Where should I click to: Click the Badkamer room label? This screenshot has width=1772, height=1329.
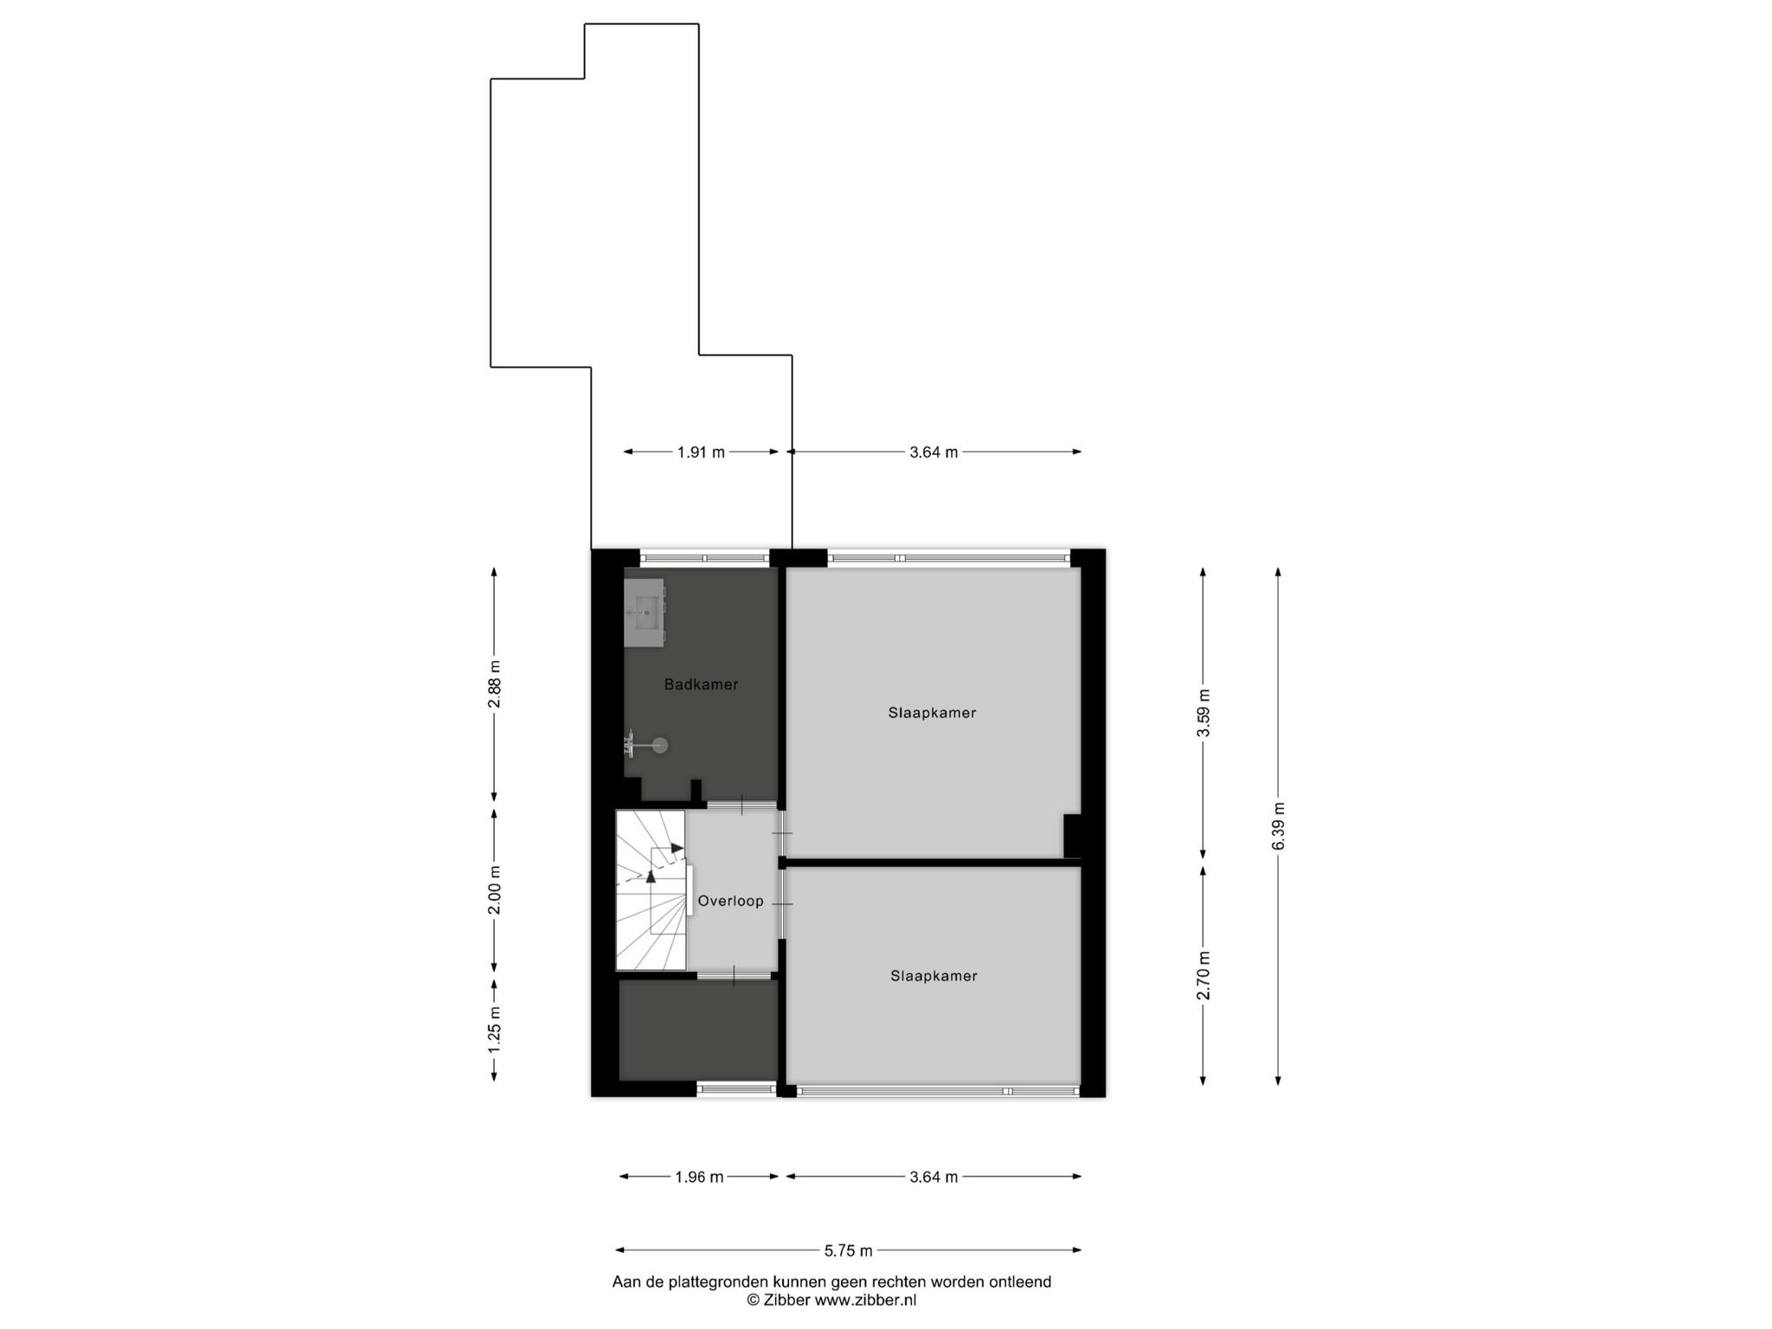point(701,684)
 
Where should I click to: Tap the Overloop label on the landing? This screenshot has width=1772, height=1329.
point(731,901)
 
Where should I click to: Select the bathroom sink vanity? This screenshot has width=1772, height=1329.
point(645,613)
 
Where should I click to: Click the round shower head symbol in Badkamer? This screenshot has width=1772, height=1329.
point(660,744)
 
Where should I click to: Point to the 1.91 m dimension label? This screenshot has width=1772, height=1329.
point(701,452)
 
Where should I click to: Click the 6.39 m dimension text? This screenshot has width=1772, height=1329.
point(1279,826)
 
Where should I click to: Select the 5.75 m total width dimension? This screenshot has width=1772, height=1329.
point(849,1249)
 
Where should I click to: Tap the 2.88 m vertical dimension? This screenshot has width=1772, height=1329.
point(494,684)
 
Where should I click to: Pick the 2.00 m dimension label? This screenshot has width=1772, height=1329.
point(494,890)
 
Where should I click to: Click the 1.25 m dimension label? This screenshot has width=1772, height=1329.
point(494,1029)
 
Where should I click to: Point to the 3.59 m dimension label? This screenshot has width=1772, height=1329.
point(1204,713)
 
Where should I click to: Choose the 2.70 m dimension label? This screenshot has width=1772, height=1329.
point(1204,975)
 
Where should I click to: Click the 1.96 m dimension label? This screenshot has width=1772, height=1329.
point(699,1177)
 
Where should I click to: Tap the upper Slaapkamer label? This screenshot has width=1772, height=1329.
point(932,713)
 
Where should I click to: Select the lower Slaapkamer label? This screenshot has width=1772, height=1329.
point(934,976)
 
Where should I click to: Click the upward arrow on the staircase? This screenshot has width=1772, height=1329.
point(652,876)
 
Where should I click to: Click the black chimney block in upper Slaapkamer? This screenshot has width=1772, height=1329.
point(1072,835)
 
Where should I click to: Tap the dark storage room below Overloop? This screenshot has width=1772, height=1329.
point(698,1030)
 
